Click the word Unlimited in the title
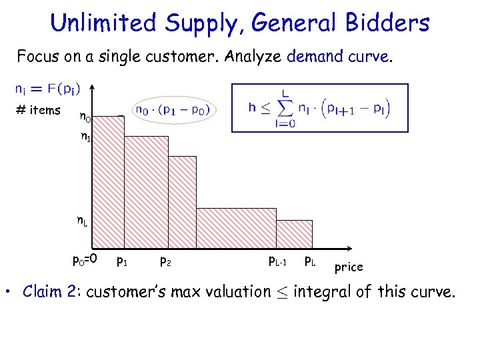tap(97, 23)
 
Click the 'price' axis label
tap(349, 267)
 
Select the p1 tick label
tap(123, 259)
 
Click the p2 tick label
tap(166, 259)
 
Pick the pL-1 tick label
tap(277, 259)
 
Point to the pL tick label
tap(311, 259)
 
